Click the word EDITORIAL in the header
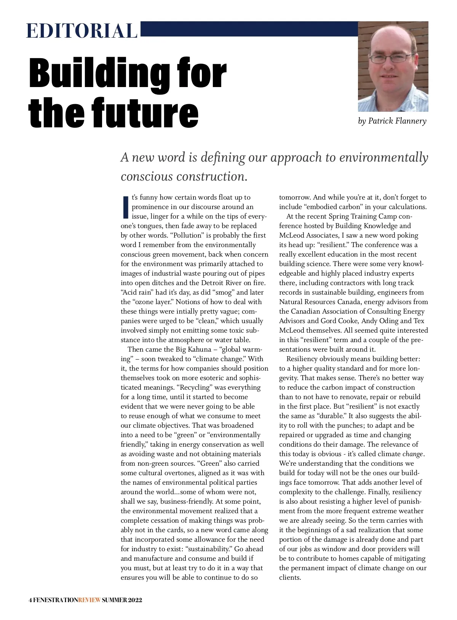(x=81, y=31)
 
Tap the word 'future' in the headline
(x=141, y=113)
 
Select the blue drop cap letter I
(x=126, y=207)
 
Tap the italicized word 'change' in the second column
(x=413, y=454)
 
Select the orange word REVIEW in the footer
(x=89, y=600)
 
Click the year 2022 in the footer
(x=135, y=600)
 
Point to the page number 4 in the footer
(x=30, y=600)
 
